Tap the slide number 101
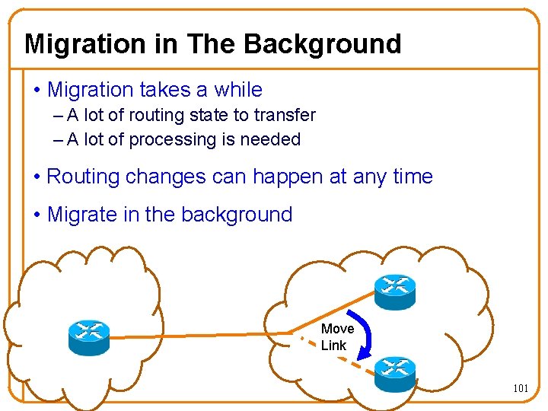click(x=521, y=388)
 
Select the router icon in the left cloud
click(x=89, y=336)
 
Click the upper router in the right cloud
click(x=395, y=291)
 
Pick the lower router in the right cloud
click(x=395, y=373)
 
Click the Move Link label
click(x=336, y=336)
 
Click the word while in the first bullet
click(x=238, y=90)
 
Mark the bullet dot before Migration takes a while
click(x=37, y=91)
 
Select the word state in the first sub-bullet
click(x=213, y=116)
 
